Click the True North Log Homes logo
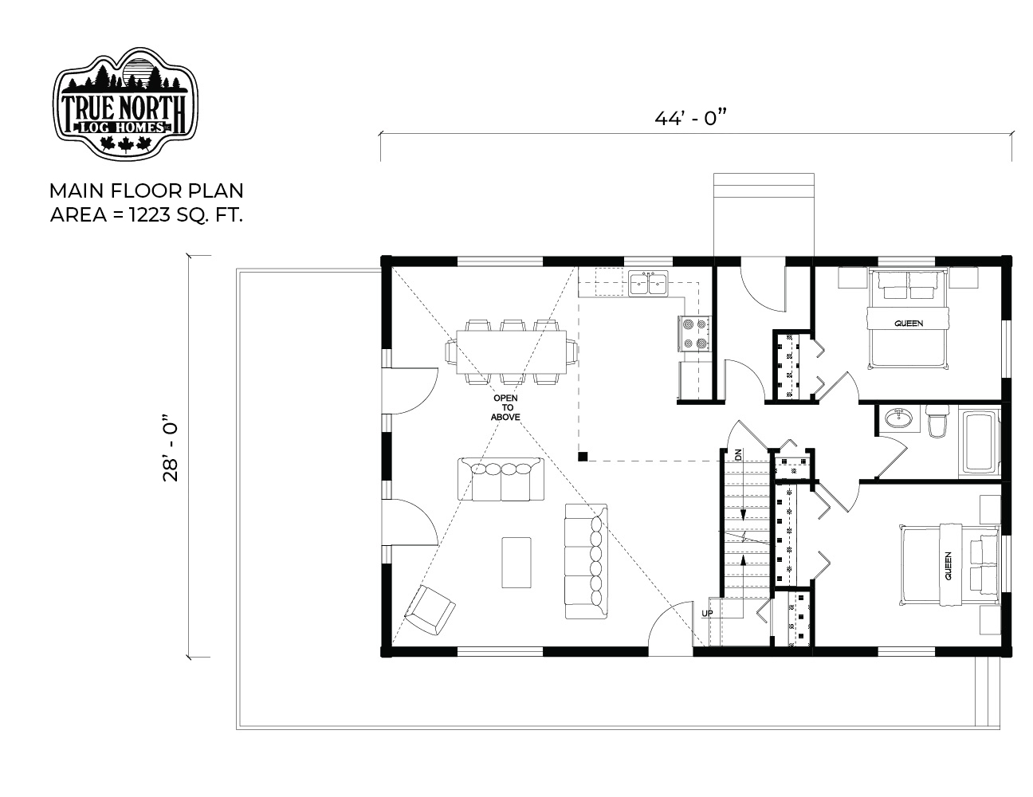[x=125, y=103]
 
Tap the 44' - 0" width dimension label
[x=692, y=118]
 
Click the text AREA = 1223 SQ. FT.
[x=147, y=215]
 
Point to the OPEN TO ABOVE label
[x=505, y=407]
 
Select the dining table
[x=511, y=351]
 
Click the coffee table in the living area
[x=516, y=563]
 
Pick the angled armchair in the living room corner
[x=430, y=611]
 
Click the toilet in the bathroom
[x=937, y=421]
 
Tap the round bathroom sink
[x=898, y=418]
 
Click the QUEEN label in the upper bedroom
[x=909, y=324]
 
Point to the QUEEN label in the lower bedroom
[x=948, y=566]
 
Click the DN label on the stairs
[x=738, y=454]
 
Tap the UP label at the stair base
[x=707, y=613]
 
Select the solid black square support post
[x=583, y=457]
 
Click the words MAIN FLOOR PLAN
[x=147, y=191]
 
